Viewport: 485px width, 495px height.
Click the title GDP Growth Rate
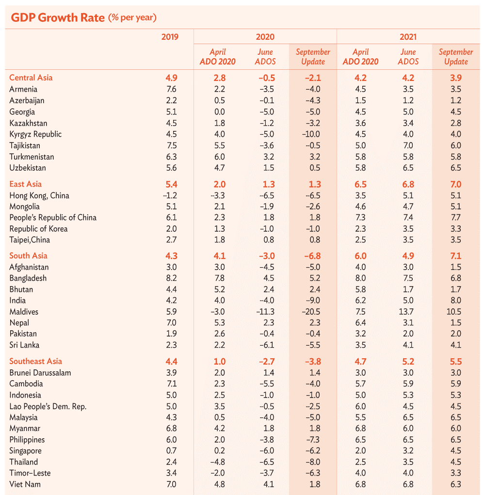(57, 17)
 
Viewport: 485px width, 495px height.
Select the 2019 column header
(170, 37)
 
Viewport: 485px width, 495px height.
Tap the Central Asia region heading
(31, 78)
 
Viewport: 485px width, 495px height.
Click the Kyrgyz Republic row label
(35, 134)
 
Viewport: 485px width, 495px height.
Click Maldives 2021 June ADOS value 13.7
(407, 312)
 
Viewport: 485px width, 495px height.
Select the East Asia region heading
(26, 184)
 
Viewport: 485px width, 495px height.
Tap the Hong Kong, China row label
(39, 196)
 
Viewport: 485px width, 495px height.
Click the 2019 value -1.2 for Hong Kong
(170, 196)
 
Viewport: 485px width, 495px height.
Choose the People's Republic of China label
(53, 218)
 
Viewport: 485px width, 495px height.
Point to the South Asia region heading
(29, 255)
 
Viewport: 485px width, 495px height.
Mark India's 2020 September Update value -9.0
(312, 301)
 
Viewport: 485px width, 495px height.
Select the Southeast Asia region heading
(36, 361)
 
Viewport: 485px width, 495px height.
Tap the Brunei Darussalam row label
(40, 373)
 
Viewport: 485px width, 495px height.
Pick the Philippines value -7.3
(312, 440)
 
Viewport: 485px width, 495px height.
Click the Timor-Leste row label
(30, 473)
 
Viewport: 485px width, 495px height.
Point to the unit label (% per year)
(132, 18)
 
